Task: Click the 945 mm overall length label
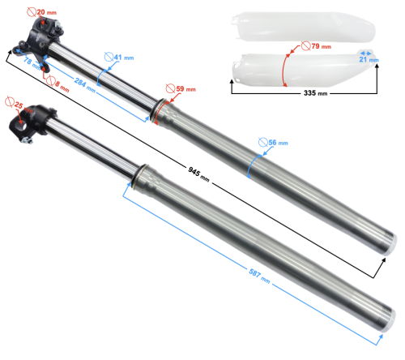pos(198,174)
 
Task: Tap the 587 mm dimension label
pos(259,276)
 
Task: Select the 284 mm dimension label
pos(85,85)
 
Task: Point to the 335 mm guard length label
pos(315,93)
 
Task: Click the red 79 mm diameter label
pos(316,46)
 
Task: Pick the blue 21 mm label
pos(369,59)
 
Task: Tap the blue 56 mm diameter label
pos(273,143)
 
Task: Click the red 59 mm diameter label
pos(181,88)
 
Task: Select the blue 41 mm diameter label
pos(119,58)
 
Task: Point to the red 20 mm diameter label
pos(42,12)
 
